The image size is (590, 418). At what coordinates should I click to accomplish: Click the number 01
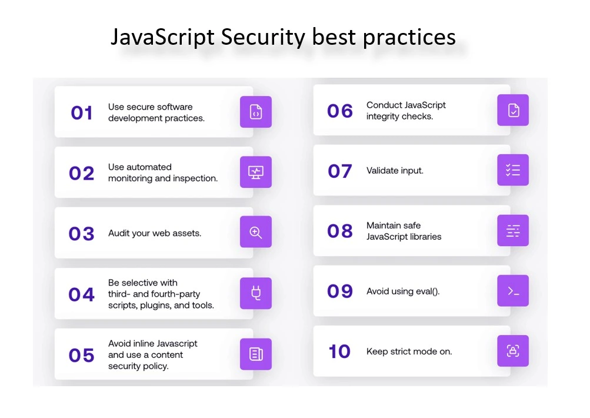(82, 113)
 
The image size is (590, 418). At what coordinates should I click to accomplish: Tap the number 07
(340, 171)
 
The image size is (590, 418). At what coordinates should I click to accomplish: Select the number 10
(339, 351)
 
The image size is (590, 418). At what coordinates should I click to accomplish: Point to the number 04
(81, 294)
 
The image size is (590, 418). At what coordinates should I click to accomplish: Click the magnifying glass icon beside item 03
(256, 233)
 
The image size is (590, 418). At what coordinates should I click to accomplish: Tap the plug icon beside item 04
(256, 293)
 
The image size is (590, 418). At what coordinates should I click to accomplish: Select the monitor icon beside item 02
(256, 172)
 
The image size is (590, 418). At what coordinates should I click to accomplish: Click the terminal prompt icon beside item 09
(514, 291)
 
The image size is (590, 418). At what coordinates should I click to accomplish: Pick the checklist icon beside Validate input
(513, 170)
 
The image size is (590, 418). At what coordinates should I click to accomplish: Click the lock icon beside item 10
(513, 351)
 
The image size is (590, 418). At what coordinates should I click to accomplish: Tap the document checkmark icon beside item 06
(514, 110)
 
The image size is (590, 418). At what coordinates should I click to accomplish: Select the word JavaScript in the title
(162, 38)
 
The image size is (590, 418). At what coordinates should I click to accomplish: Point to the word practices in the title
(409, 38)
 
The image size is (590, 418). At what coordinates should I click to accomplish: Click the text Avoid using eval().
(403, 291)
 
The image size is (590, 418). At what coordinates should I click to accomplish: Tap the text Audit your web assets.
(155, 233)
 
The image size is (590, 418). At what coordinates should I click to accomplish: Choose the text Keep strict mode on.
(409, 351)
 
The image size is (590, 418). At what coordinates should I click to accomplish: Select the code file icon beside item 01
(256, 112)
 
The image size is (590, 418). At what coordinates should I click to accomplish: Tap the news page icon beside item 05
(256, 354)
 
